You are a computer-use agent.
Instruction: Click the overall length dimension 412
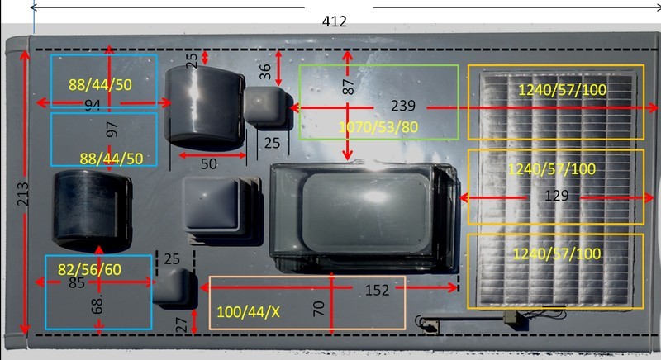(x=335, y=21)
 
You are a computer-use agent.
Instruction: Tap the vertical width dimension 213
(x=23, y=194)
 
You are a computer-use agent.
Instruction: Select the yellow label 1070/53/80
(x=378, y=126)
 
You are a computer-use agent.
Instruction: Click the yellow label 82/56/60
(x=89, y=269)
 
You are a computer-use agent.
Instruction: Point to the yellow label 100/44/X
(x=249, y=312)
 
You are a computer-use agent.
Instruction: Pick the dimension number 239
(x=403, y=106)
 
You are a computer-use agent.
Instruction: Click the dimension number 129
(x=556, y=196)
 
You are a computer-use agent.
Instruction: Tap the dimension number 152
(x=377, y=290)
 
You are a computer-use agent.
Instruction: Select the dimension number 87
(x=348, y=87)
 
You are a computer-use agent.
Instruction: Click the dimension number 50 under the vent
(x=209, y=163)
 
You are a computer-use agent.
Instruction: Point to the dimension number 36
(x=265, y=72)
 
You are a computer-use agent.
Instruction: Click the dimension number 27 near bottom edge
(x=181, y=324)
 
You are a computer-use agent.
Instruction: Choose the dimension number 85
(x=77, y=282)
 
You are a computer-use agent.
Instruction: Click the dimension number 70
(x=319, y=309)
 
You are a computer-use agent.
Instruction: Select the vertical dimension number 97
(x=112, y=130)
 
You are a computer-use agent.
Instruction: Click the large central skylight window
(x=363, y=217)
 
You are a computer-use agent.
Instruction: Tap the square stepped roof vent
(x=221, y=210)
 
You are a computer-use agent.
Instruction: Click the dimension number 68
(x=97, y=305)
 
